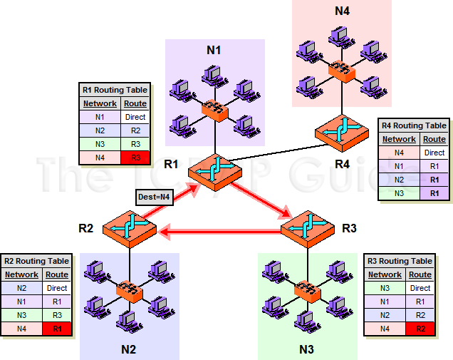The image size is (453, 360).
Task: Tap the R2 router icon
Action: coord(129,227)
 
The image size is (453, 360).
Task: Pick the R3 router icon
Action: coord(307,227)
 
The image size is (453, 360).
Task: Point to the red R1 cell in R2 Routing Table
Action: coord(57,329)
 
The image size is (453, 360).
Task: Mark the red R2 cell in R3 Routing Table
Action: coord(420,329)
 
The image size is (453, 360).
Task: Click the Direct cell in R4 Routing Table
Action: coord(434,153)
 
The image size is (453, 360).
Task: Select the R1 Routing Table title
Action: coord(114,91)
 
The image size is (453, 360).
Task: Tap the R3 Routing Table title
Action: coord(399,261)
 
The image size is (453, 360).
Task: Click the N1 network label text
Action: coord(214,50)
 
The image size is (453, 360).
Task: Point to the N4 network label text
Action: coord(343,11)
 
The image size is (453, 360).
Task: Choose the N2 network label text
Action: coord(128,349)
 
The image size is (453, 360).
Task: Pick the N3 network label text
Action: coord(307,349)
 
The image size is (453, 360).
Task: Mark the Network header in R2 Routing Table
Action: coord(22,274)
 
